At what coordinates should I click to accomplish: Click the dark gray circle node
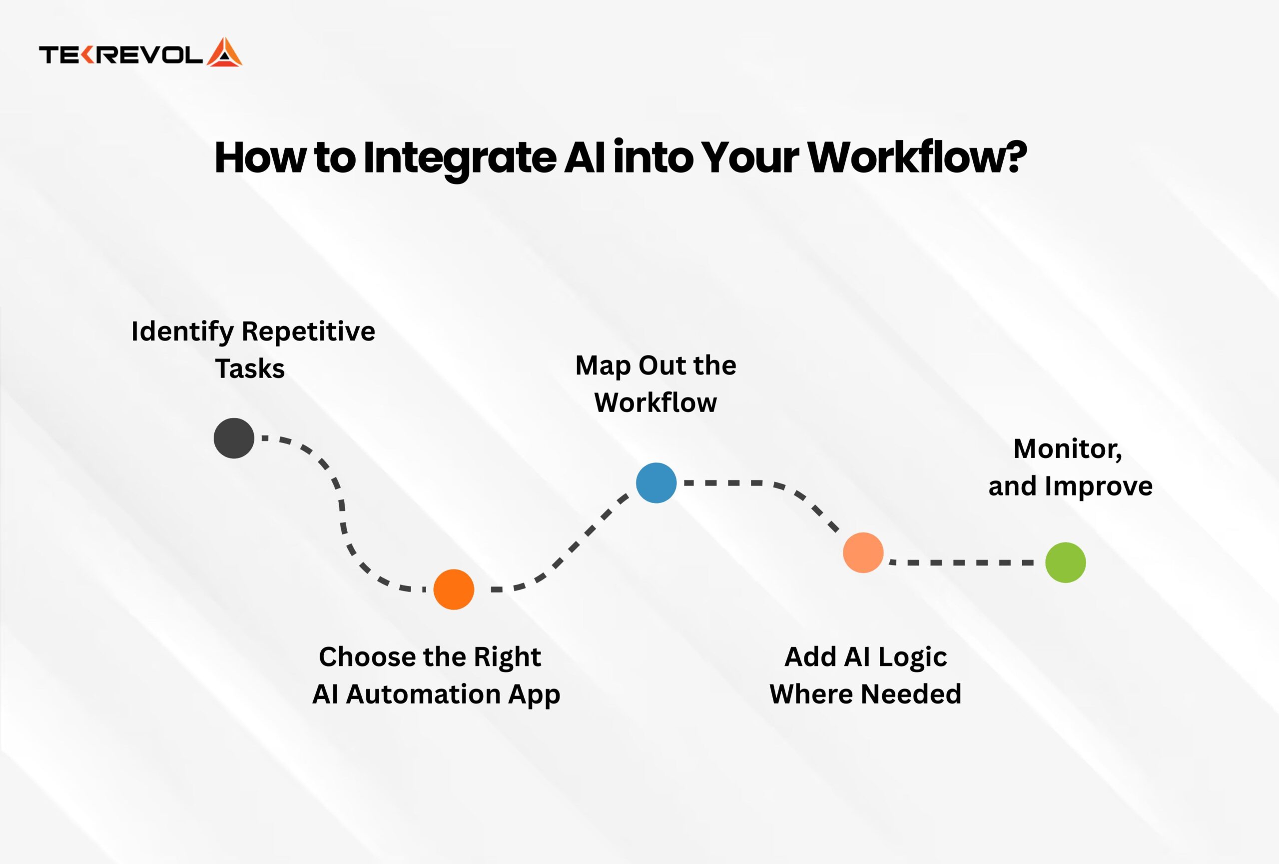coord(234,438)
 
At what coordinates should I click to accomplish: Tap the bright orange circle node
coord(454,589)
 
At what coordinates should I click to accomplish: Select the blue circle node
coord(656,483)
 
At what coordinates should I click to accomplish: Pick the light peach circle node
coord(863,553)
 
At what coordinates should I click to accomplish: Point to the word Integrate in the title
coord(460,158)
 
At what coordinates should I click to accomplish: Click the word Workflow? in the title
coord(917,157)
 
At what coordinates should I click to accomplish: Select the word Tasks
coord(250,369)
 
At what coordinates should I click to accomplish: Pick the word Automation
coord(423,694)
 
